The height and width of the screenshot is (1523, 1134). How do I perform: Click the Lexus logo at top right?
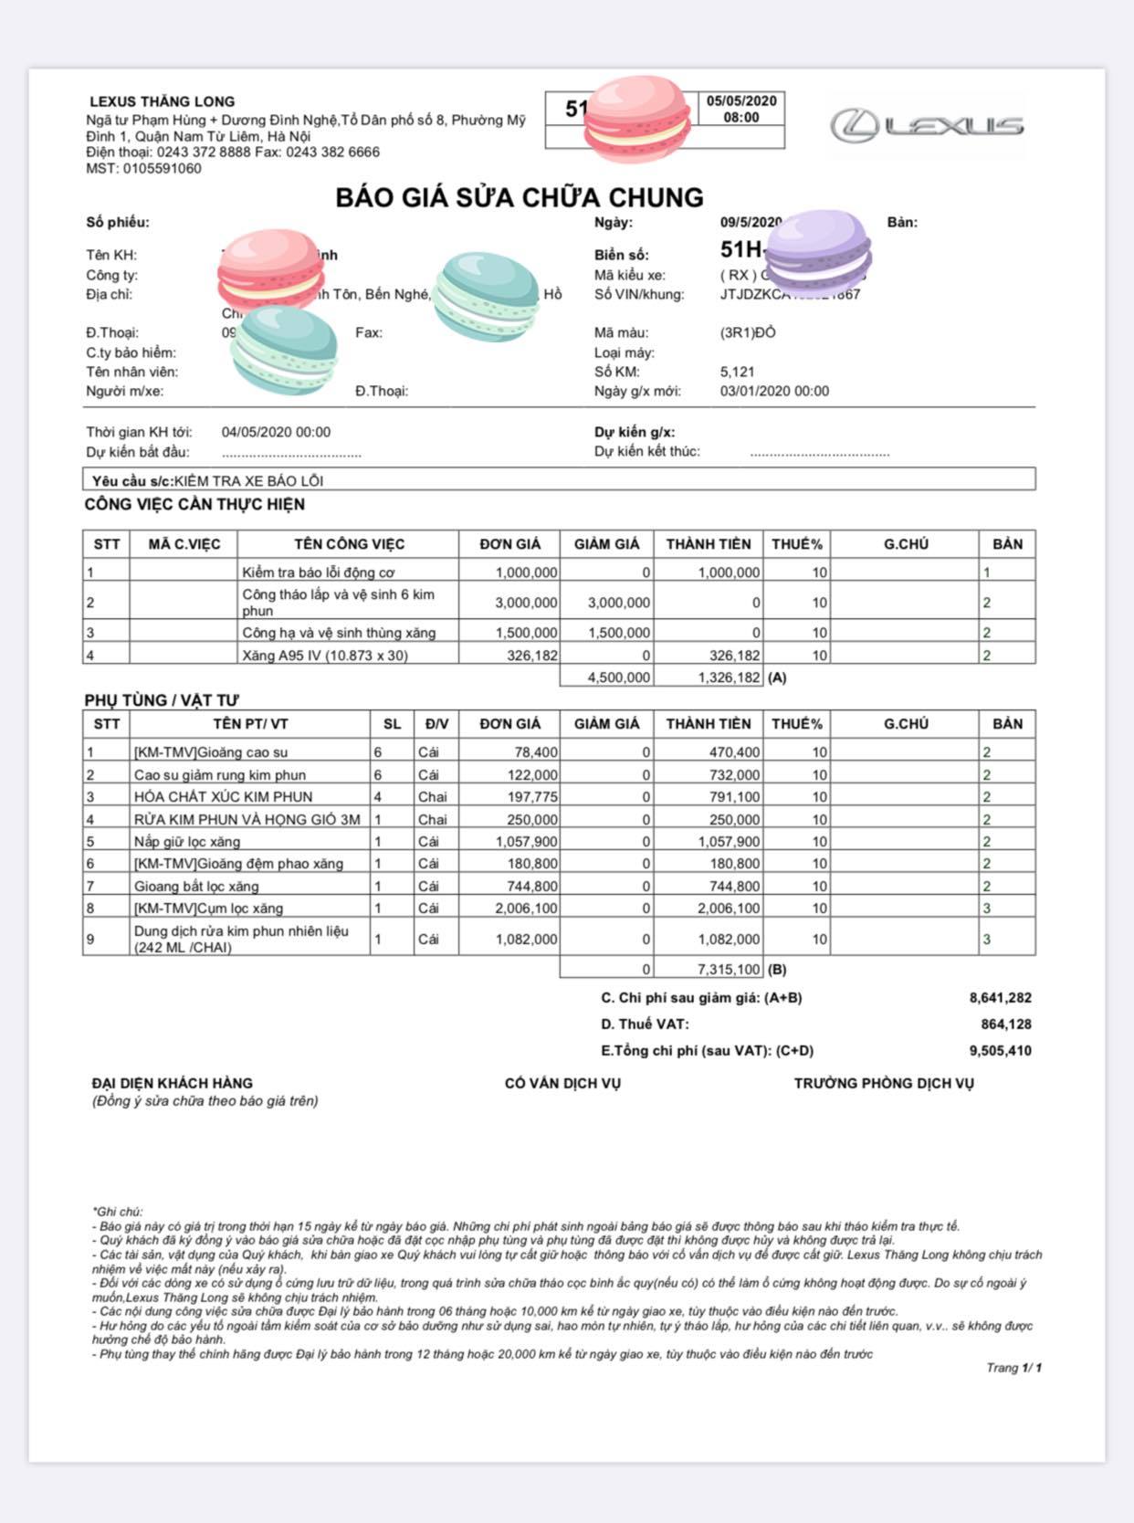pyautogui.click(x=927, y=125)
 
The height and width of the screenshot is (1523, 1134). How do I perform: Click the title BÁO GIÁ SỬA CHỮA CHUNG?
pyautogui.click(x=520, y=197)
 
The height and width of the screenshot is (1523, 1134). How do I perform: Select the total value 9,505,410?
pyautogui.click(x=1000, y=1051)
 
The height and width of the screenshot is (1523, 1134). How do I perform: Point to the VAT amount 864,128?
pyautogui.click(x=1005, y=1024)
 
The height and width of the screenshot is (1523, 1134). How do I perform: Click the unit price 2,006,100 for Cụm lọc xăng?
pyautogui.click(x=526, y=909)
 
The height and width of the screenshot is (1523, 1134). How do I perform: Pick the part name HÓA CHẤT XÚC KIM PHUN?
pyautogui.click(x=223, y=797)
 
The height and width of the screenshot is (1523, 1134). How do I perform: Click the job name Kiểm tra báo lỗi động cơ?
pyautogui.click(x=318, y=572)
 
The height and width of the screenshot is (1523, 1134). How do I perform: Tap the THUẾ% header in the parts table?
pyautogui.click(x=796, y=724)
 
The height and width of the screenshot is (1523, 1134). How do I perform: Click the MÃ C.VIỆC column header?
pyautogui.click(x=184, y=544)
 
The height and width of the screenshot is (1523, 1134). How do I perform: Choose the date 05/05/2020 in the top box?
pyautogui.click(x=741, y=101)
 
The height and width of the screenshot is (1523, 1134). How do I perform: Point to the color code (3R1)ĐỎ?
pyautogui.click(x=747, y=333)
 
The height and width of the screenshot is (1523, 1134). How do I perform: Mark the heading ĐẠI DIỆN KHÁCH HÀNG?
pyautogui.click(x=172, y=1083)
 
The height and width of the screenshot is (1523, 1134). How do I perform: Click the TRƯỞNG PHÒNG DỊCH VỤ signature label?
pyautogui.click(x=883, y=1084)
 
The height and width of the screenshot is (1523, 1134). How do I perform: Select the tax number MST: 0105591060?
pyautogui.click(x=143, y=169)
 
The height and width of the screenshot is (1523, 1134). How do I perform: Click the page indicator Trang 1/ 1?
pyautogui.click(x=1013, y=1368)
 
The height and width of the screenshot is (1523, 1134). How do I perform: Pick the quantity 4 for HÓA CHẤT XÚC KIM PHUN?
pyautogui.click(x=378, y=797)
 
